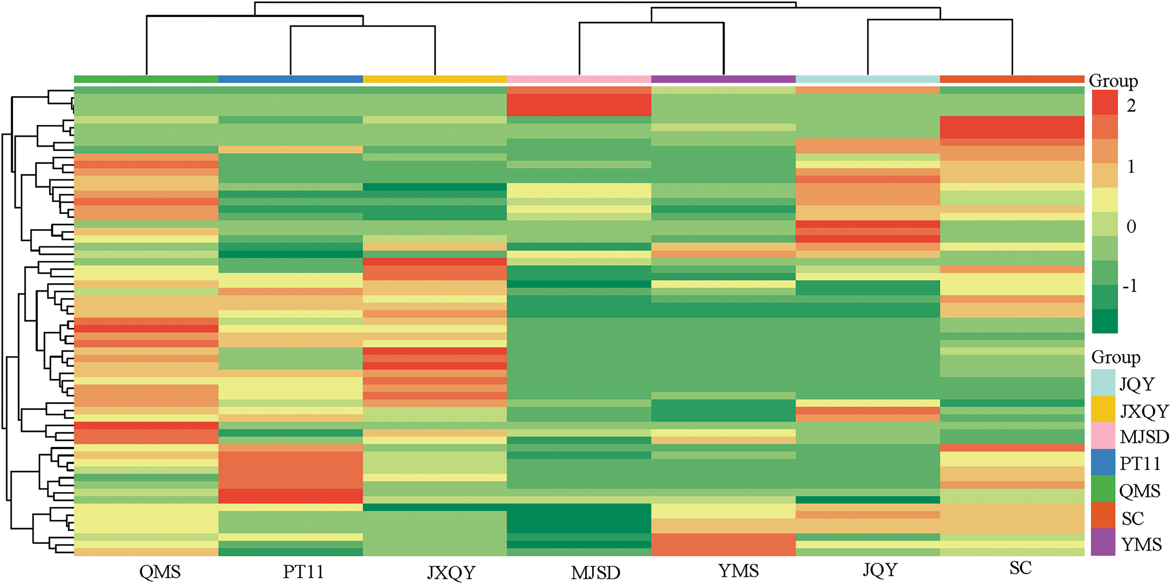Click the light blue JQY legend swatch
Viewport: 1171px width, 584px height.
click(x=1103, y=383)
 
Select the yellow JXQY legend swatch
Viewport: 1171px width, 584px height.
click(x=1103, y=409)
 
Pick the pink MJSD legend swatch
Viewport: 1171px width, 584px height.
click(x=1103, y=436)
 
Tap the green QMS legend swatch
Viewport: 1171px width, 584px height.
click(x=1103, y=489)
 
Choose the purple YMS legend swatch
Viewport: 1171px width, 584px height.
click(x=1103, y=542)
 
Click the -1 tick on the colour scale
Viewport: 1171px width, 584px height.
click(x=1130, y=286)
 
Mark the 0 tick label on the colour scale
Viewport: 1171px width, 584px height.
click(x=1131, y=226)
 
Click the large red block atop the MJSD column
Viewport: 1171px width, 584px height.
click(x=579, y=105)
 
